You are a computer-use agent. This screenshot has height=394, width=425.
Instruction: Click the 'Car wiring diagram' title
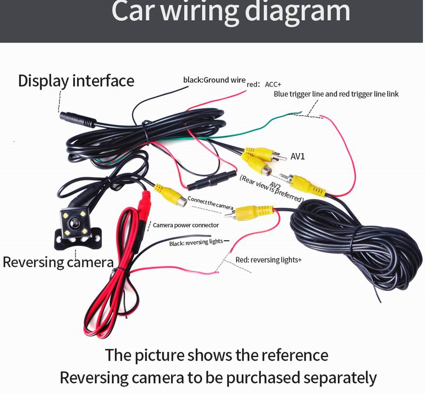coord(231,12)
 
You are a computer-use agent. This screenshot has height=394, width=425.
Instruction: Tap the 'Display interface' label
coord(76,81)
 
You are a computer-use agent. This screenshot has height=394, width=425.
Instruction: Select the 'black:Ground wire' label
coord(214,80)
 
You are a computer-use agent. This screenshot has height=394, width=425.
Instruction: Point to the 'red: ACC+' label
coord(264,84)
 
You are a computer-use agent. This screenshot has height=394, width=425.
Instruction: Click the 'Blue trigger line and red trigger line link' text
coord(336,94)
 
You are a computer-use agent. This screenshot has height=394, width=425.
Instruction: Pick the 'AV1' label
coord(297,157)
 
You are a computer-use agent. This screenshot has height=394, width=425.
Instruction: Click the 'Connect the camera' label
coord(210,204)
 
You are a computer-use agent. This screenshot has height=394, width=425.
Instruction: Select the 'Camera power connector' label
coord(186,225)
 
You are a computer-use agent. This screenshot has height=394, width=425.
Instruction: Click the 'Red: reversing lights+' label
coord(269,260)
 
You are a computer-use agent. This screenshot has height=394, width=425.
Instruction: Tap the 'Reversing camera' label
coord(58,262)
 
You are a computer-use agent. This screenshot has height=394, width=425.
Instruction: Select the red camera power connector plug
coord(144,204)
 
